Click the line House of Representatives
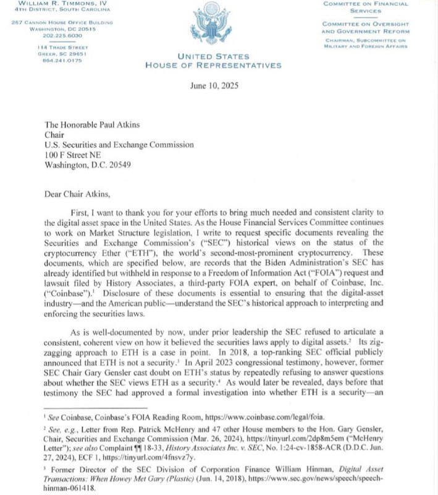tap(213, 65)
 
